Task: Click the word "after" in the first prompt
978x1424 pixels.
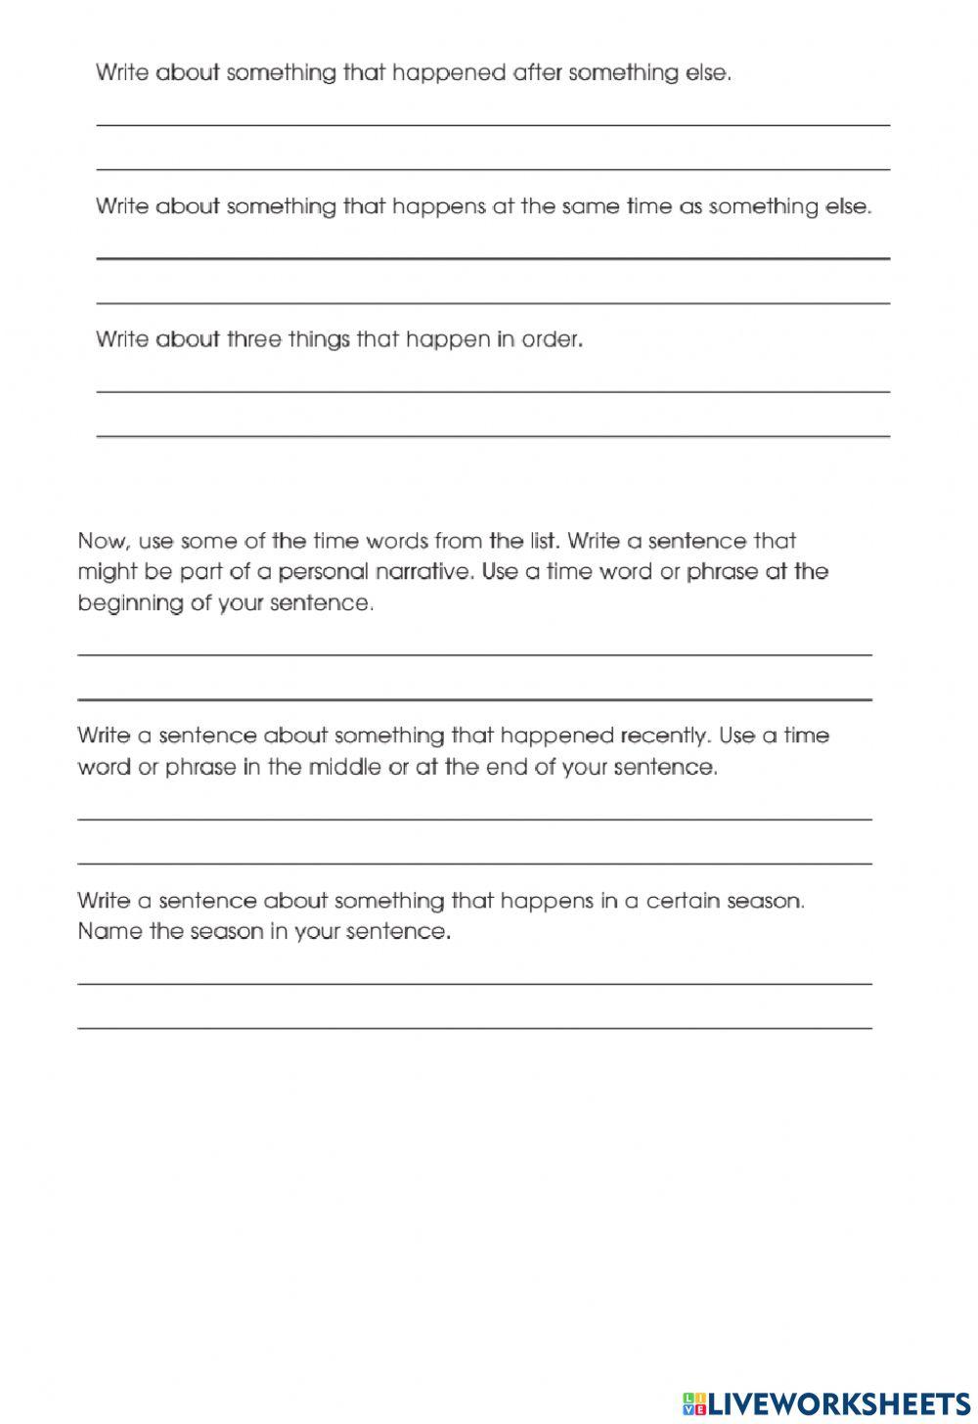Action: (x=536, y=73)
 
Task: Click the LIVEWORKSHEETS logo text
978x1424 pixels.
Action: (x=837, y=1403)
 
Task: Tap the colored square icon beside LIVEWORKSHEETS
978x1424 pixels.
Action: (x=695, y=1403)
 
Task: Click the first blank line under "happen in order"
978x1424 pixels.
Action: (x=493, y=392)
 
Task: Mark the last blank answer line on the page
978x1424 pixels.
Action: (x=474, y=1028)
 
